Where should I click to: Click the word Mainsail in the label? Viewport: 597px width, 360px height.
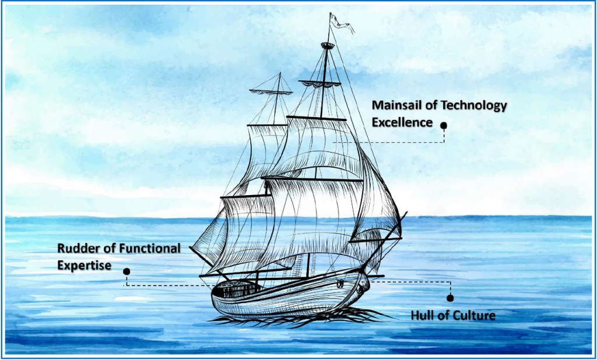pyautogui.click(x=396, y=105)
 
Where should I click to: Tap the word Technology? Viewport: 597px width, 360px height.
pyautogui.click(x=473, y=105)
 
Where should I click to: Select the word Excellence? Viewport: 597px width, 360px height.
pyautogui.click(x=402, y=122)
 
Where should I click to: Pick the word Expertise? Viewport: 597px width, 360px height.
pyautogui.click(x=85, y=264)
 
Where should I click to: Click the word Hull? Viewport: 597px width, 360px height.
pyautogui.click(x=422, y=316)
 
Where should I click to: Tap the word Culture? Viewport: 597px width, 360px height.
pyautogui.click(x=475, y=316)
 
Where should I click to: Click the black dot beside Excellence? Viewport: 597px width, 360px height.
pyautogui.click(x=444, y=125)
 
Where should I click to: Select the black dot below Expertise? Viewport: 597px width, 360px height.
pyautogui.click(x=127, y=271)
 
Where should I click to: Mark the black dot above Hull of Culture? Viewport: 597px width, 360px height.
pyautogui.click(x=450, y=298)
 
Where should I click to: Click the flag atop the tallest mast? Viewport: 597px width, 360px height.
pyautogui.click(x=340, y=23)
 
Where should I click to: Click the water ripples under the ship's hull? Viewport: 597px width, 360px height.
pyautogui.click(x=292, y=318)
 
